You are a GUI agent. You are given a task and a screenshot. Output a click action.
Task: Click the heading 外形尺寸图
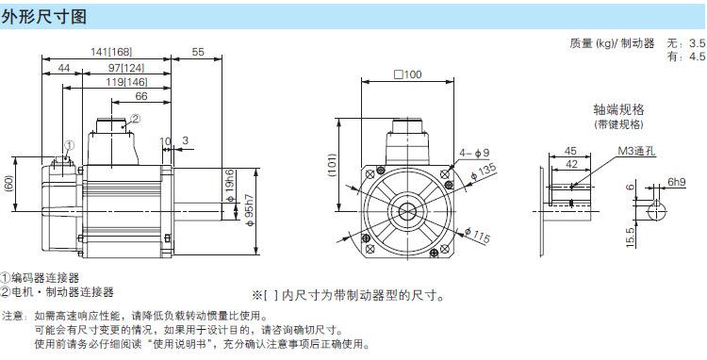44,17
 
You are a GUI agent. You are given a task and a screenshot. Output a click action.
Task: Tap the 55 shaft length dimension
198,52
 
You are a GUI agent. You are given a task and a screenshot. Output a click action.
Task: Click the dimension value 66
141,96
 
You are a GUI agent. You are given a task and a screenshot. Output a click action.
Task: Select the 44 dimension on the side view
64,68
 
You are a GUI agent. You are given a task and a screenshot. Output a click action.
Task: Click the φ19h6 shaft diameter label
230,186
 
